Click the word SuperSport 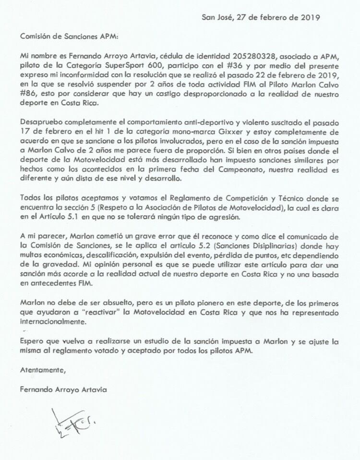(109, 66)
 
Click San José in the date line (217, 17)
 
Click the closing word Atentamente (42, 370)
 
